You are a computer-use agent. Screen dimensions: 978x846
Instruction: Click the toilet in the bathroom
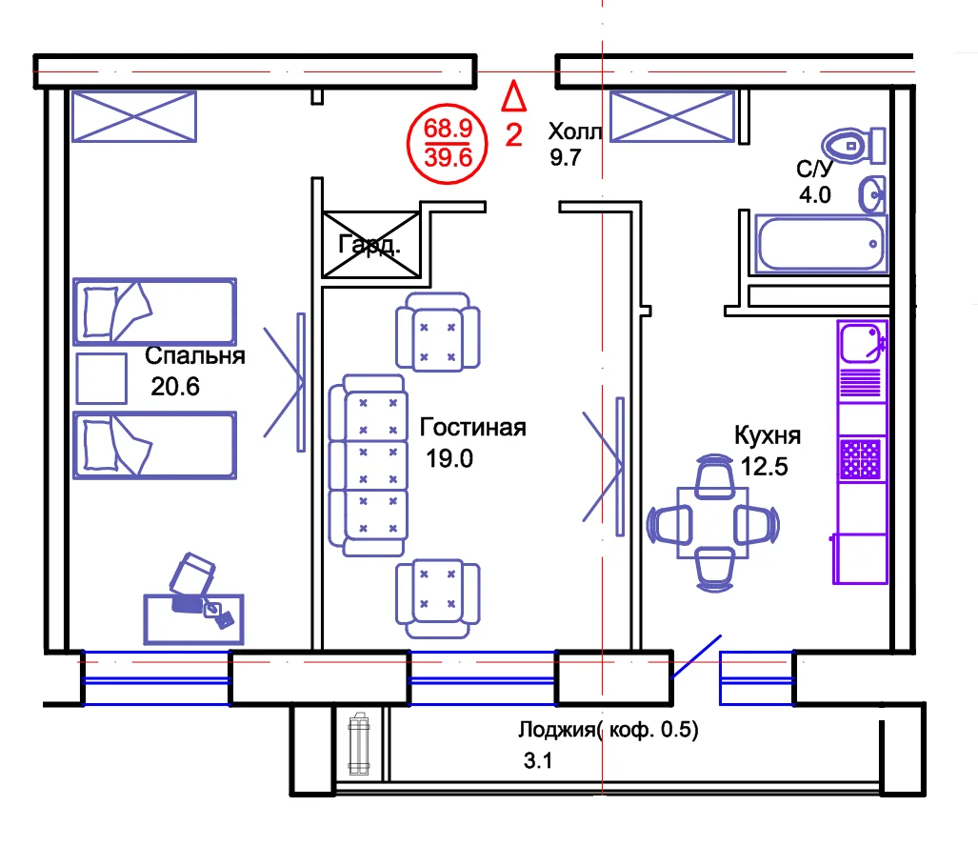(x=853, y=146)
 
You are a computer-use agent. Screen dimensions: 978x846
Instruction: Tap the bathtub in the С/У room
(x=820, y=244)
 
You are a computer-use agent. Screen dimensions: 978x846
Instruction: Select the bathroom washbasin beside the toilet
(x=872, y=194)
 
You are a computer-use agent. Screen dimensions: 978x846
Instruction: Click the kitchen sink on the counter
(x=862, y=342)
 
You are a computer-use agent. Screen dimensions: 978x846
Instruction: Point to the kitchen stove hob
(x=860, y=458)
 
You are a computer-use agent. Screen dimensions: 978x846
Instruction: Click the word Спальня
(x=195, y=355)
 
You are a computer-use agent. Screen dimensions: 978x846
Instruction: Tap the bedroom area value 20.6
(x=174, y=387)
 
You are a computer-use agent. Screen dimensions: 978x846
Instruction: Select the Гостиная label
(x=472, y=428)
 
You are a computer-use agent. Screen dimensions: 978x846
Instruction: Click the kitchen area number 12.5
(x=764, y=467)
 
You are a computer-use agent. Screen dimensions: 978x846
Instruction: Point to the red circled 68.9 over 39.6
(x=448, y=144)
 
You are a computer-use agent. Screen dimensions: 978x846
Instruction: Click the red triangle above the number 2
(x=514, y=95)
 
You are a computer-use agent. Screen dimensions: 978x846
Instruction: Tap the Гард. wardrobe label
(x=369, y=244)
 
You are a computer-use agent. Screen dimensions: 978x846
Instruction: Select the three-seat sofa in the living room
(x=368, y=465)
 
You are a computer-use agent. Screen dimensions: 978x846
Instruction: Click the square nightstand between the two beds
(x=102, y=378)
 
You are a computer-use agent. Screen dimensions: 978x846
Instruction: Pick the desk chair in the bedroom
(x=192, y=574)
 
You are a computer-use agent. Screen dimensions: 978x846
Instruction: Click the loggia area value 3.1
(x=538, y=760)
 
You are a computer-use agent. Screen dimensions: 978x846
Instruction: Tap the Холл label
(x=575, y=131)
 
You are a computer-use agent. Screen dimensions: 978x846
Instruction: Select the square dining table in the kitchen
(x=713, y=522)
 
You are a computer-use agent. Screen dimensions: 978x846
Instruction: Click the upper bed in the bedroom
(x=154, y=312)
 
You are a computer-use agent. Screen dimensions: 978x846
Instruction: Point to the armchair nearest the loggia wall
(x=438, y=598)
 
